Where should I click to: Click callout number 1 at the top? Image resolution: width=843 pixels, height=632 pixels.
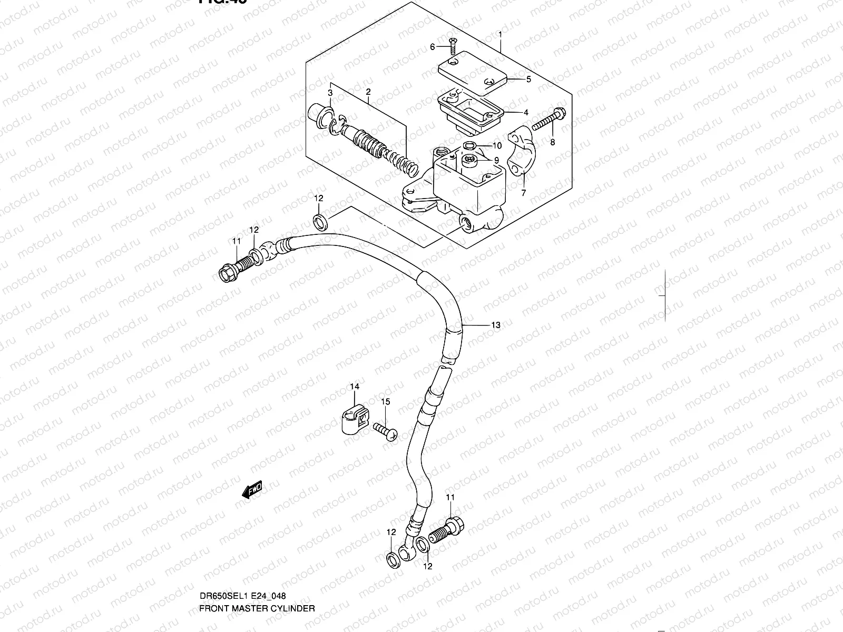point(500,35)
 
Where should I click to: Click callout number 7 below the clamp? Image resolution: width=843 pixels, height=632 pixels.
point(523,193)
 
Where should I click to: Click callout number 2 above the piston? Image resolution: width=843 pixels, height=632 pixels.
point(368,92)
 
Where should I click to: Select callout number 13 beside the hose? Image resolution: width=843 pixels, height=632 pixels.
point(496,325)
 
